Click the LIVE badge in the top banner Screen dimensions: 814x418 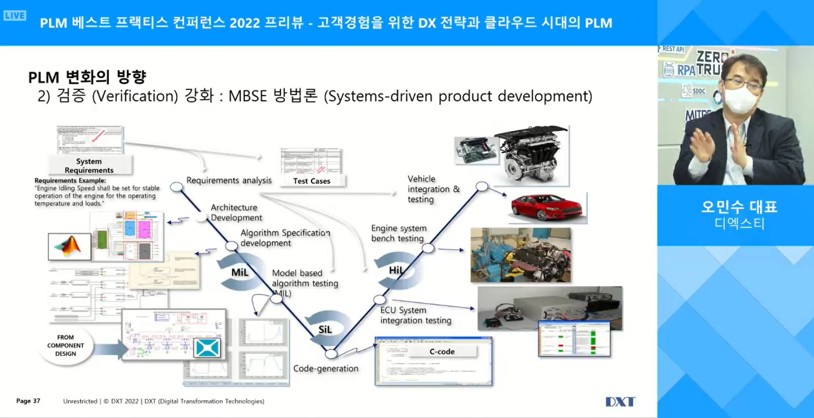pyautogui.click(x=15, y=16)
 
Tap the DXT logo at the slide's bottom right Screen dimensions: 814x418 pyautogui.click(x=620, y=402)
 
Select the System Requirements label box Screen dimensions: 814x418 pyautogui.click(x=89, y=166)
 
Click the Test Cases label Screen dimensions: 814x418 pyautogui.click(x=312, y=181)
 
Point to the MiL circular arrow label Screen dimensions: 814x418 pyautogui.click(x=240, y=272)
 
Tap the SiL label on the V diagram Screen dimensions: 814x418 pyautogui.click(x=325, y=330)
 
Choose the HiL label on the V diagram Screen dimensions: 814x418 pyautogui.click(x=396, y=270)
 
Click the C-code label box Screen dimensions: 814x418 pyautogui.click(x=442, y=352)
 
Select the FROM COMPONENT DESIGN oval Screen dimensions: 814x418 pyautogui.click(x=66, y=346)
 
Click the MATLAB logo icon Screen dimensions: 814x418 pyautogui.click(x=69, y=247)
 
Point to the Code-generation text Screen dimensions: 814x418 pyautogui.click(x=326, y=368)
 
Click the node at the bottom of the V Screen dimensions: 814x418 pyautogui.click(x=331, y=354)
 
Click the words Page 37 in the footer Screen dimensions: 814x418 pyautogui.click(x=28, y=401)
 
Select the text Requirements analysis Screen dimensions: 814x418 pyautogui.click(x=229, y=180)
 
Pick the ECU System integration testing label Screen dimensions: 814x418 pyautogui.click(x=415, y=315)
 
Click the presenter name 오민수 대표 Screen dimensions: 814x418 pyautogui.click(x=739, y=207)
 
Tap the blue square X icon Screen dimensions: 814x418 pyautogui.click(x=207, y=348)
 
